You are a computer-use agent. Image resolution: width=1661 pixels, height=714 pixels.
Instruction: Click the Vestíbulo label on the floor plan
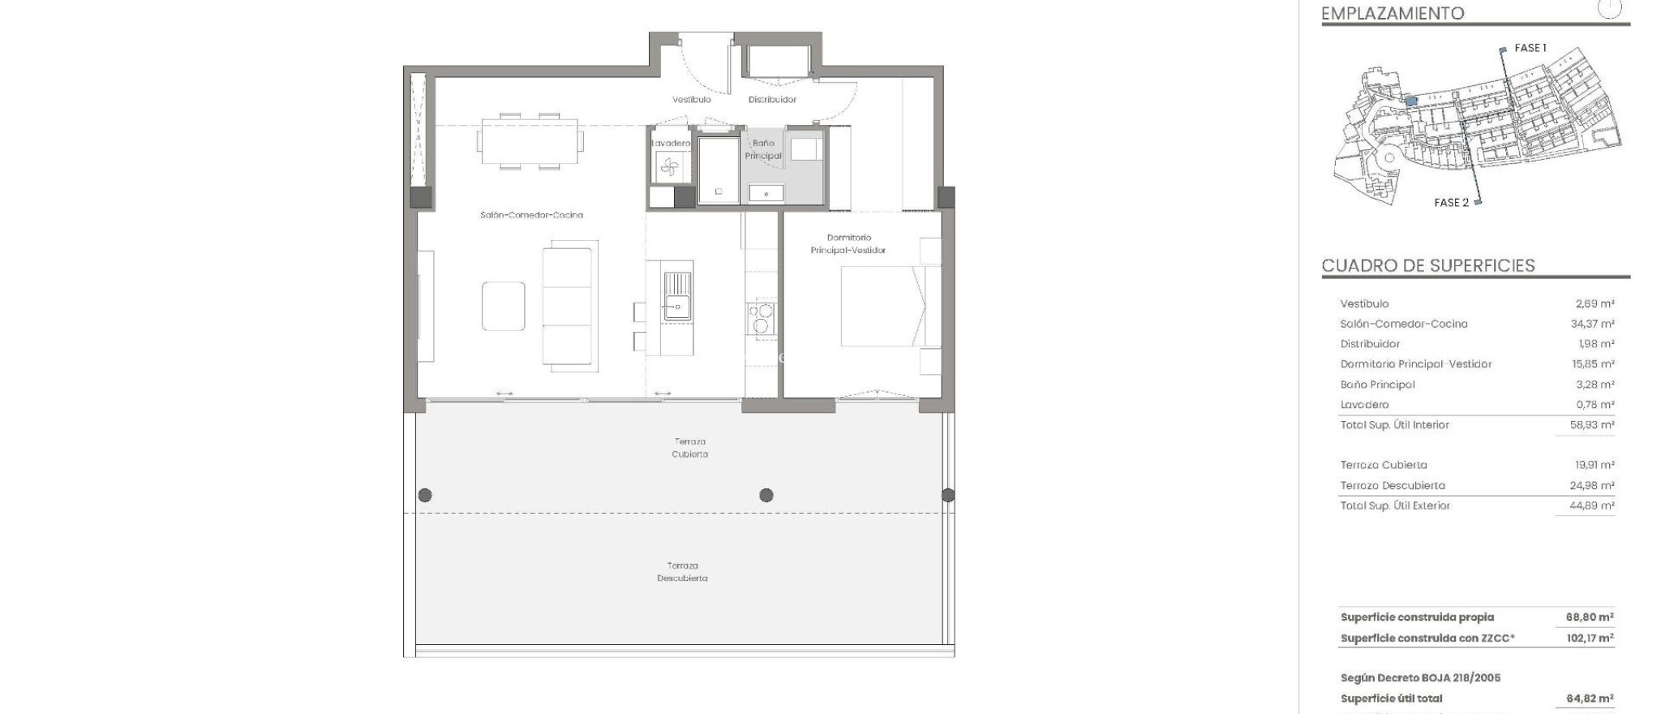[x=691, y=100]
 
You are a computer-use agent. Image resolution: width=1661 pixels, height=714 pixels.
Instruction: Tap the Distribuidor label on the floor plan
[x=772, y=100]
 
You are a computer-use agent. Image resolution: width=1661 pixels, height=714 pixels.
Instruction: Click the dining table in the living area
[x=529, y=141]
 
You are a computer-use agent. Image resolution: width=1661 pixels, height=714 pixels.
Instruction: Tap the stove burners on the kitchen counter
[x=762, y=318]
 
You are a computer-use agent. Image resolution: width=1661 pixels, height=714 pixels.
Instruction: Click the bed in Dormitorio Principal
[x=882, y=307]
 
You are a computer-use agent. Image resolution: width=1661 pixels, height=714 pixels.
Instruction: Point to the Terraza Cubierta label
[x=689, y=448]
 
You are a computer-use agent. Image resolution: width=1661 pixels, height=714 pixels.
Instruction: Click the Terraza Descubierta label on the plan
[x=682, y=572]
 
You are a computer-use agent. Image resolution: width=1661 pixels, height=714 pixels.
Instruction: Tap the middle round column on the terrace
[x=766, y=495]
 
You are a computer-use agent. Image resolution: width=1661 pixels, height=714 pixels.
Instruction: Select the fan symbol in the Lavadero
[x=669, y=167]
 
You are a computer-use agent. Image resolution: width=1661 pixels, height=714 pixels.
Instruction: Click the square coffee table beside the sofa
[x=503, y=306]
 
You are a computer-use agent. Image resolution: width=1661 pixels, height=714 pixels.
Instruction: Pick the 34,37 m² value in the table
[x=1592, y=324]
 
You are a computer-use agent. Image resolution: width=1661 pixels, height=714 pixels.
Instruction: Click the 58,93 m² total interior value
[x=1592, y=424]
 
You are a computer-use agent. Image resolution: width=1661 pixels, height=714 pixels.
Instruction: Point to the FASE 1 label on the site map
[x=1530, y=48]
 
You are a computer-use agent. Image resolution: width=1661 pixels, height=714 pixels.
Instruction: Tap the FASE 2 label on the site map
[x=1451, y=203]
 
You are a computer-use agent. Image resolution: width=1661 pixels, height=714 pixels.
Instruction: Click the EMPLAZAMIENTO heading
[x=1392, y=13]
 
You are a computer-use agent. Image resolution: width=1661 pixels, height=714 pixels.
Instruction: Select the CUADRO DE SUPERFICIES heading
[x=1427, y=265]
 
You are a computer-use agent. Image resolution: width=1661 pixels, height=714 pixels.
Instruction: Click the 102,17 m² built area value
[x=1590, y=639]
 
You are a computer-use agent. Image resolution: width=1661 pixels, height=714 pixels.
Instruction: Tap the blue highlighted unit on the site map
[x=1411, y=101]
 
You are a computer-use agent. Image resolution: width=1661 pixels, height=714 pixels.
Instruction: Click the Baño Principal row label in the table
[x=1377, y=385]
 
